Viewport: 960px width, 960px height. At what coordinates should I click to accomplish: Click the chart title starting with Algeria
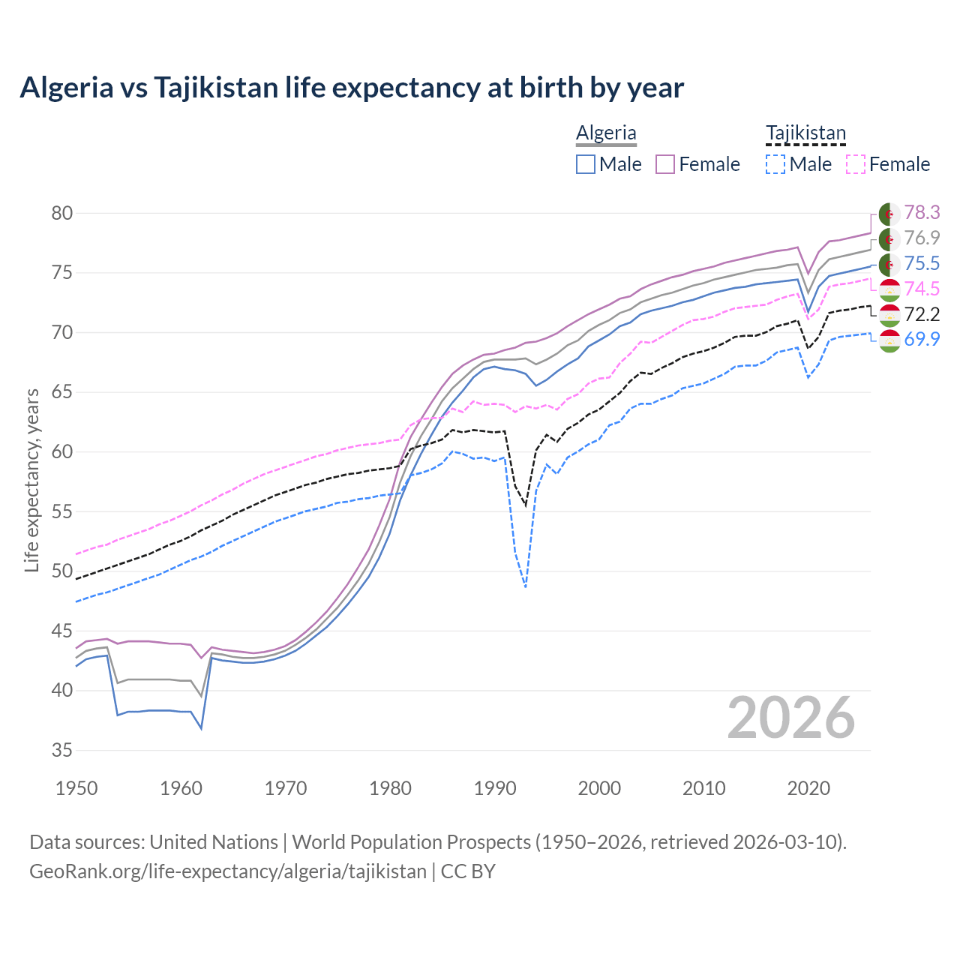point(352,88)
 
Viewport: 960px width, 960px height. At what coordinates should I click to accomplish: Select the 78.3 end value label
point(922,213)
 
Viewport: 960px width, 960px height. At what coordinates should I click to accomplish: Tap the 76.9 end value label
point(922,238)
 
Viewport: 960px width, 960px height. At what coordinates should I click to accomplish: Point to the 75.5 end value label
point(922,263)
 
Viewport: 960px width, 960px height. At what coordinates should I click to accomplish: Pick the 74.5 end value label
point(922,289)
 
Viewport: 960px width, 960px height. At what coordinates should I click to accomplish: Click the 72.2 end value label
point(922,314)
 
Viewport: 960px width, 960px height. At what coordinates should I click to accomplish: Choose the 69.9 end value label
point(922,339)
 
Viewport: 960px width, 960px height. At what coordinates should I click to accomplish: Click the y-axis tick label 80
point(62,214)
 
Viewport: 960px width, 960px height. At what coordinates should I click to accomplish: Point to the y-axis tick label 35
point(62,750)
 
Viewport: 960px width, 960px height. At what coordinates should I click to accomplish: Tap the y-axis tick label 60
point(62,452)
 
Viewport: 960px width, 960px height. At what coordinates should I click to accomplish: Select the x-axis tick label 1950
point(76,788)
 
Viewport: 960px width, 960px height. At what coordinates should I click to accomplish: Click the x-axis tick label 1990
point(495,788)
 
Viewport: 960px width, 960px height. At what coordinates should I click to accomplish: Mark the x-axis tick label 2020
point(808,788)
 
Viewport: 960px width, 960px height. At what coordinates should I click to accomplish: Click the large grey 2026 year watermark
point(790,718)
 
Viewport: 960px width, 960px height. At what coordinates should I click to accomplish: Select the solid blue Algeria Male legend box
point(586,164)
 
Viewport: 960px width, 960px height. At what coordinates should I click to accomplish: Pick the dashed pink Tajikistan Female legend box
point(856,164)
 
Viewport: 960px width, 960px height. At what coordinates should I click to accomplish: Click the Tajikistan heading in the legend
point(805,133)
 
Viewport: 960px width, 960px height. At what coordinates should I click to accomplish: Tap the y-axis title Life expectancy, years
point(31,480)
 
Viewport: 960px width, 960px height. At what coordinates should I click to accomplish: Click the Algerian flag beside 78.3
point(889,214)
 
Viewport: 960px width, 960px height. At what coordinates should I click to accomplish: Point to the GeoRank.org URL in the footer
point(227,871)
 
